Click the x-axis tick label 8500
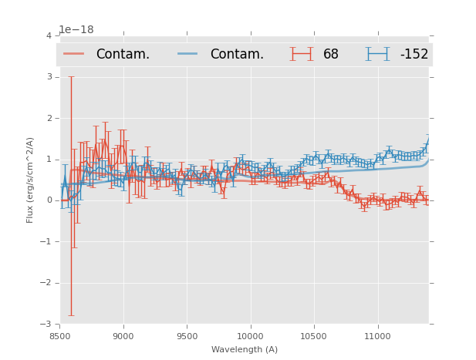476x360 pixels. pyautogui.click(x=60, y=335)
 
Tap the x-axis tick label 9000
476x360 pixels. pyautogui.click(x=123, y=335)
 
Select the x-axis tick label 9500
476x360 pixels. pyautogui.click(x=187, y=335)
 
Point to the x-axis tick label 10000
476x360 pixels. pyautogui.click(x=250, y=335)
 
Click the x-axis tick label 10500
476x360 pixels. pyautogui.click(x=314, y=335)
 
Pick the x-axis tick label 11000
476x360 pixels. pyautogui.click(x=377, y=335)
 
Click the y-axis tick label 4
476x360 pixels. pyautogui.click(x=49, y=36)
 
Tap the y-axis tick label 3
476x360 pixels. pyautogui.click(x=49, y=77)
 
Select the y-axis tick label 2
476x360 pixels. pyautogui.click(x=49, y=118)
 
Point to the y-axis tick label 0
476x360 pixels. pyautogui.click(x=49, y=200)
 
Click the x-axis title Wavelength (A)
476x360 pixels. pyautogui.click(x=245, y=349)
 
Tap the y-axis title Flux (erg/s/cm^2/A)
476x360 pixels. pyautogui.click(x=31, y=180)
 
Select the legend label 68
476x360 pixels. pyautogui.click(x=331, y=55)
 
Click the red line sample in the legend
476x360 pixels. pyautogui.click(x=74, y=54)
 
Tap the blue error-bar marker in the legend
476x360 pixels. pyautogui.click(x=377, y=54)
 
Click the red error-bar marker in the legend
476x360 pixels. pyautogui.click(x=302, y=54)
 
